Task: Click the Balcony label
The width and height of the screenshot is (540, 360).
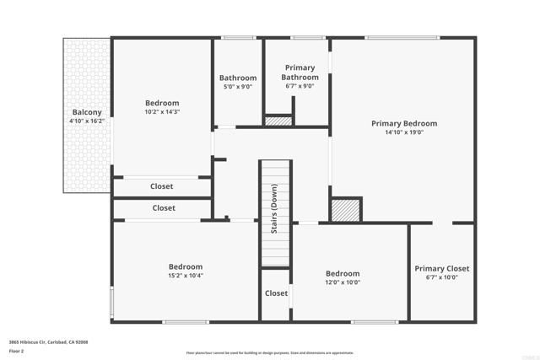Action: point(87,112)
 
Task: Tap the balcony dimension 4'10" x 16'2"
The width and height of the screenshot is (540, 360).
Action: point(87,121)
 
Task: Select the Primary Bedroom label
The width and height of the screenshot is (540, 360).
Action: point(404,123)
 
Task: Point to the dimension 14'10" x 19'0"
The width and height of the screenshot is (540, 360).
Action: point(404,132)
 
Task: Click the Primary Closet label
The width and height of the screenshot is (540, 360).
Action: point(442,269)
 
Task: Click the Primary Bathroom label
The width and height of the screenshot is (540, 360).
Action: point(300,73)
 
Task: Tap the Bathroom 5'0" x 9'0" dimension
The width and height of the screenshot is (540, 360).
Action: point(238,87)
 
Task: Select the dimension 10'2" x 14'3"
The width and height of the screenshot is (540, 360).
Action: point(162,111)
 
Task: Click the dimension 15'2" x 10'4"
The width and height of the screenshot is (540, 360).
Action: point(185,275)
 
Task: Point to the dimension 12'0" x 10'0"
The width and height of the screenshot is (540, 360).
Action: point(343,282)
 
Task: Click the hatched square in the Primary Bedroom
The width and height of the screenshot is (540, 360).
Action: point(345,210)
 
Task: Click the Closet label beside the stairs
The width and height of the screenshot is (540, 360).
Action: point(276,293)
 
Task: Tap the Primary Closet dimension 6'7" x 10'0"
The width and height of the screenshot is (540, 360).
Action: point(442,277)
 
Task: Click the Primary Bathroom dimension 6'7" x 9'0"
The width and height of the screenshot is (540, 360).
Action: point(300,86)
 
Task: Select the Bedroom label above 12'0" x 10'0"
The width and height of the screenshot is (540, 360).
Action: point(343,273)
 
